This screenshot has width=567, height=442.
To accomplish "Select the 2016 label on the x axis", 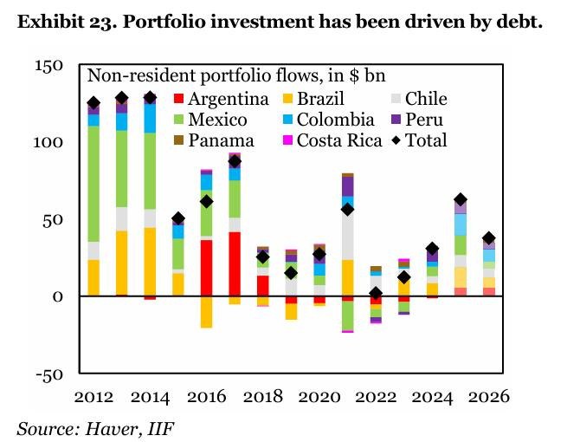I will click(206, 396).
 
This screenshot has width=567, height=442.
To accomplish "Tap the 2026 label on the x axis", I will click(488, 396).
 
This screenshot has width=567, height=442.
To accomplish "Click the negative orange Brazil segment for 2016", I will click(206, 311).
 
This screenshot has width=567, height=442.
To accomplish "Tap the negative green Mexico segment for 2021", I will click(347, 315).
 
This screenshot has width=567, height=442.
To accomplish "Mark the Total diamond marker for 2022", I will click(376, 293).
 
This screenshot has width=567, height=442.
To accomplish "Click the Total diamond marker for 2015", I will click(178, 218).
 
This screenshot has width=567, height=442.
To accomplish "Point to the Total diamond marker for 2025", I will click(461, 199).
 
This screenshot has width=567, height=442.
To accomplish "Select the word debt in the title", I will click(517, 22).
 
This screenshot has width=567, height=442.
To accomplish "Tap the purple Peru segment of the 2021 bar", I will click(347, 186).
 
